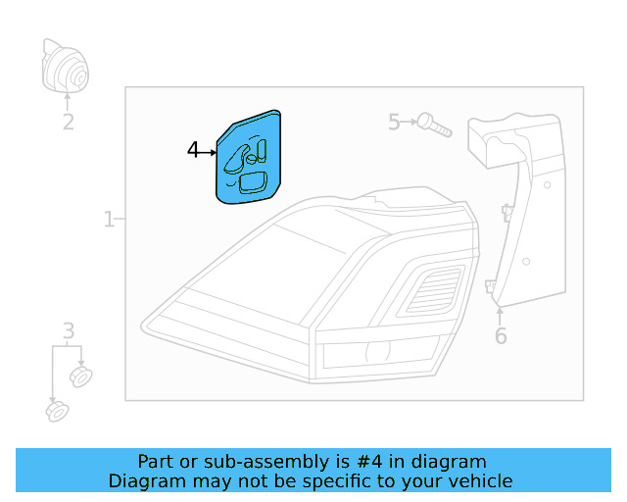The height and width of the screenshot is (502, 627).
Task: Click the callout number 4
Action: (193, 150)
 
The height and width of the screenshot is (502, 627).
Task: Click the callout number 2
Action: (68, 123)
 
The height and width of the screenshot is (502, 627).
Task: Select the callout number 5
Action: (394, 122)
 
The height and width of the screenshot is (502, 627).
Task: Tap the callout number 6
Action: (501, 336)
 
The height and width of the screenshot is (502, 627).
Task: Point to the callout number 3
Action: (69, 330)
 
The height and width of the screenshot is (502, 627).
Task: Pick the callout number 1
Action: (109, 220)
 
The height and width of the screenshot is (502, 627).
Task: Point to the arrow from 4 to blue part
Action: (208, 151)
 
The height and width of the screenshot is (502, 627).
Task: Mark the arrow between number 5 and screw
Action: (409, 122)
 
